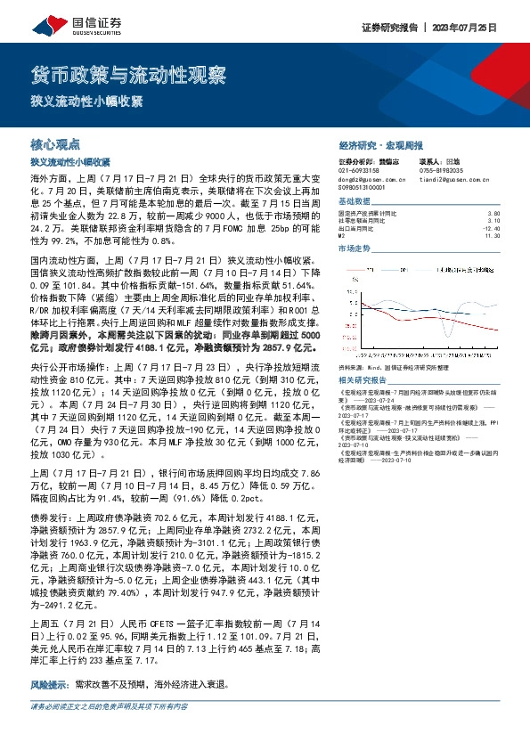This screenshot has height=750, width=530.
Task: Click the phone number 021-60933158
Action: coord(359,170)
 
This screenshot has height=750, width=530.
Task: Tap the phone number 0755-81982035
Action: coord(441,170)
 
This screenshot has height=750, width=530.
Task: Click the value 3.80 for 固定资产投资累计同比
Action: coord(506,214)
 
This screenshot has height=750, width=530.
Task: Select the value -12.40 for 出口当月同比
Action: coord(504,228)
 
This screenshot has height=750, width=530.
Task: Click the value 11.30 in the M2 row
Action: coord(505,235)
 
